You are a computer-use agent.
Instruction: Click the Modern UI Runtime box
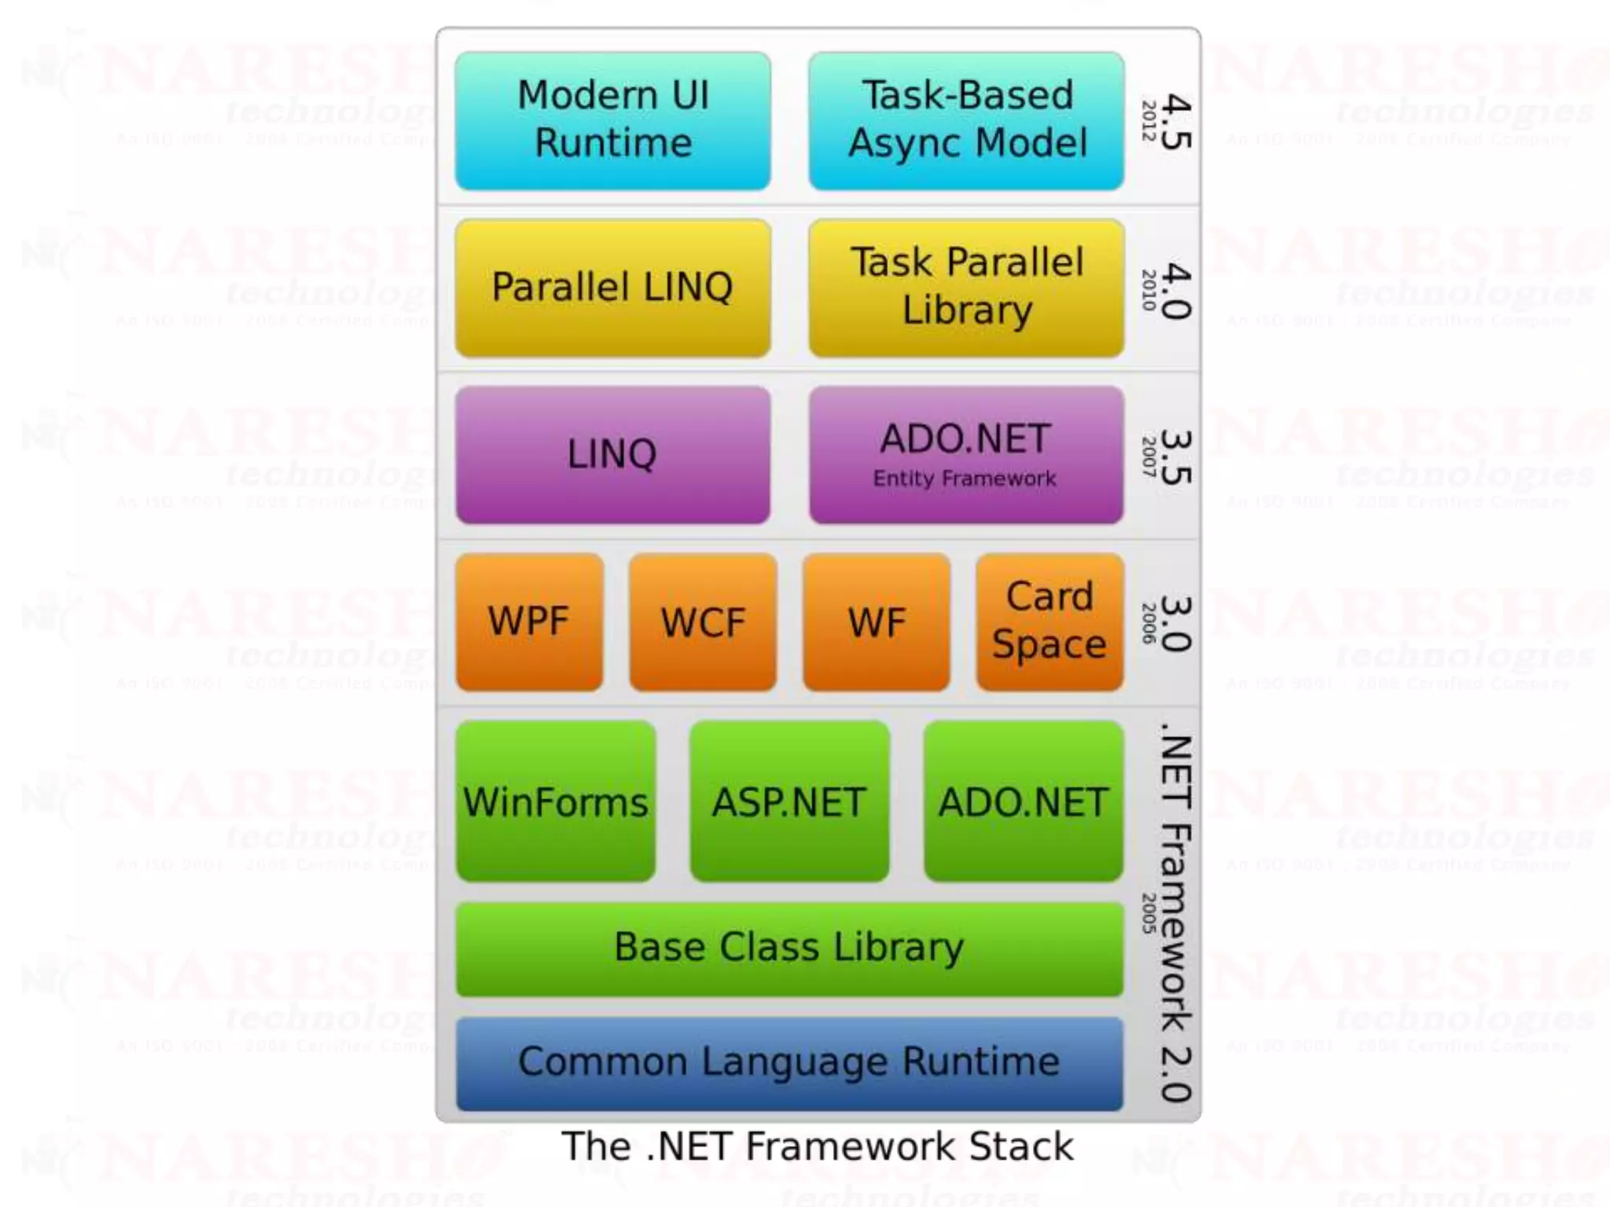[612, 120]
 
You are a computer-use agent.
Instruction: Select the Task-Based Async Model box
[966, 120]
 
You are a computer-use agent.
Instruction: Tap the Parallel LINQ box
[612, 288]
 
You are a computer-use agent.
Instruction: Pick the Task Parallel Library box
[966, 288]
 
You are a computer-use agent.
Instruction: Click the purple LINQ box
[612, 454]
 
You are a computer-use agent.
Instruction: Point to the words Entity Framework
[965, 479]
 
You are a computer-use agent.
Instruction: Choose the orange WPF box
[529, 622]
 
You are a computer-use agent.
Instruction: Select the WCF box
[703, 622]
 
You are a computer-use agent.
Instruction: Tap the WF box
[877, 622]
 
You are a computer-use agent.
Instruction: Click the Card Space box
[1049, 622]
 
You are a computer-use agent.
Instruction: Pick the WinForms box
[556, 802]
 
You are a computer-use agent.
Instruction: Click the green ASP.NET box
[789, 802]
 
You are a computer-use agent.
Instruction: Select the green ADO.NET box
[1024, 802]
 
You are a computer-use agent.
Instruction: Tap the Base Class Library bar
[789, 948]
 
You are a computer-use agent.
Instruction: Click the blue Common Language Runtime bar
[789, 1063]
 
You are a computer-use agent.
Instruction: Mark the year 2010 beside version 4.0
[1149, 289]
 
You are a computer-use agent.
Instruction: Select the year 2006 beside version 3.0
[1149, 623]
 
